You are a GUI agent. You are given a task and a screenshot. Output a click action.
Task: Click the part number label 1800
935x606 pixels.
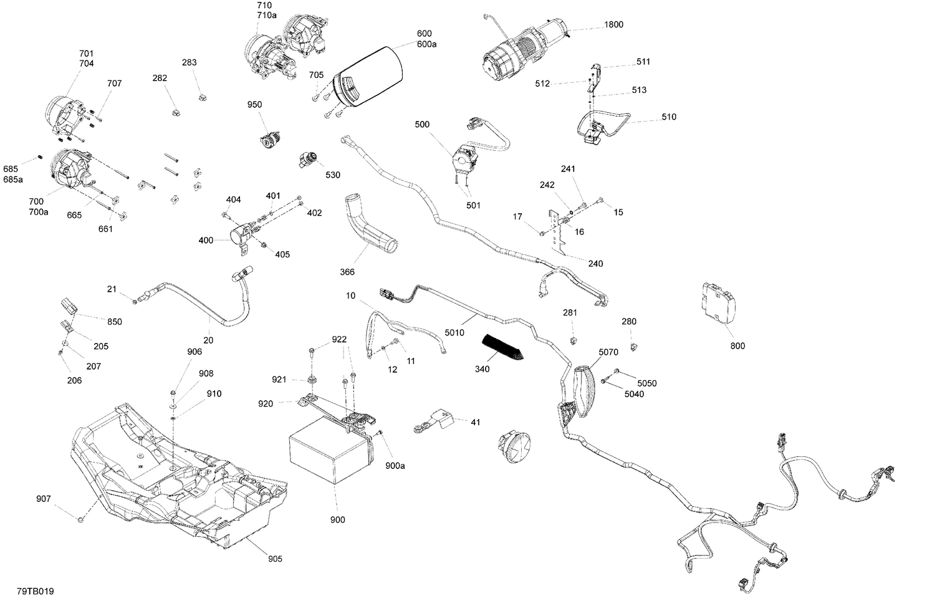[x=613, y=25]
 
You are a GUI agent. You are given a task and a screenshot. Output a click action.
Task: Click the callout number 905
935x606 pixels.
[x=275, y=559]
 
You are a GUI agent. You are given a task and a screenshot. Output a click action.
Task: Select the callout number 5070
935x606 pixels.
[x=608, y=352]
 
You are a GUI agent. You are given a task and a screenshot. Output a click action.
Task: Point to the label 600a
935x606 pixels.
[x=426, y=44]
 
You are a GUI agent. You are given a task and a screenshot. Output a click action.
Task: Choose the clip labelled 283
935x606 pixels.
[x=202, y=96]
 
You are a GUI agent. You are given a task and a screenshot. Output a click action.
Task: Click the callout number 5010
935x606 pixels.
[x=454, y=333]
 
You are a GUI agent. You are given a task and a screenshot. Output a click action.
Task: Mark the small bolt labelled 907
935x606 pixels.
[x=80, y=519]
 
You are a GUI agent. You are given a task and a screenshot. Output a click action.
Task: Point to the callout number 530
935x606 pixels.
[x=333, y=175]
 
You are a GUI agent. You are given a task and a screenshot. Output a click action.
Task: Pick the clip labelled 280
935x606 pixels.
[x=635, y=346]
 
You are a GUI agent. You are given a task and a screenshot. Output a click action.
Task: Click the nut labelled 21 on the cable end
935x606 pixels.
[x=135, y=302]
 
